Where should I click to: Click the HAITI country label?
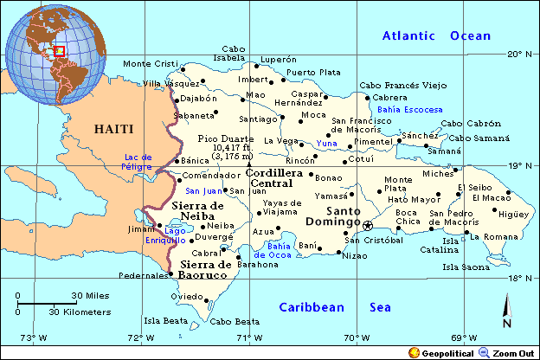coord(114,129)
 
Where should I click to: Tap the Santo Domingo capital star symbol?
coord(367,225)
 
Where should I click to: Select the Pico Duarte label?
coord(226,138)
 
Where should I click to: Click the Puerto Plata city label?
coord(313,72)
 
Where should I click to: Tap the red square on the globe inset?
coord(60,51)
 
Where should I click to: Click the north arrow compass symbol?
coord(507,309)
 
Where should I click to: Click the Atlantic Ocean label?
coord(436,36)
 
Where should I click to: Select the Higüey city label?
coord(513,215)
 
